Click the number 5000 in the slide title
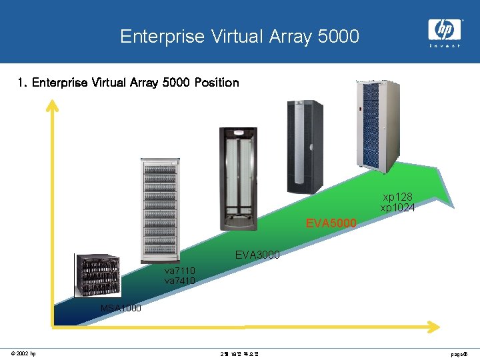point(339,36)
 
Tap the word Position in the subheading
point(215,83)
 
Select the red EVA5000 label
point(331,223)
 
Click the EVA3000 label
point(257,255)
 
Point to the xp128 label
point(397,197)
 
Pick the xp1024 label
point(398,208)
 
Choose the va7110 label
point(179,271)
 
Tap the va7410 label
point(179,281)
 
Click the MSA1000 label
point(121,308)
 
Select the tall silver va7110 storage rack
point(160,210)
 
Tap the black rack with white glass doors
point(238,179)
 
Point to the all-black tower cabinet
point(304,147)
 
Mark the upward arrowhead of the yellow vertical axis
point(52,105)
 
